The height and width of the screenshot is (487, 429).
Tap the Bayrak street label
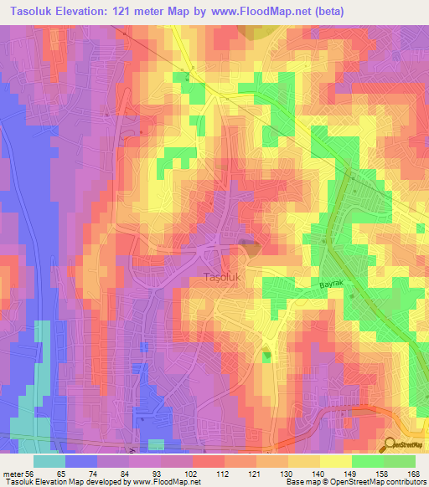tap(331, 285)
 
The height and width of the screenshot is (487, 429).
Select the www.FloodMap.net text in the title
tap(277, 11)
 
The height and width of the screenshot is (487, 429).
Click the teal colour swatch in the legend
tap(49, 461)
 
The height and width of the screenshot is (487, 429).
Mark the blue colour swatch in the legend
tap(82, 461)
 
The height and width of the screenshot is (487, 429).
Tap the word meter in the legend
tap(11, 473)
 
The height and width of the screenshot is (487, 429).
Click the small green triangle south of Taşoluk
tap(267, 357)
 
